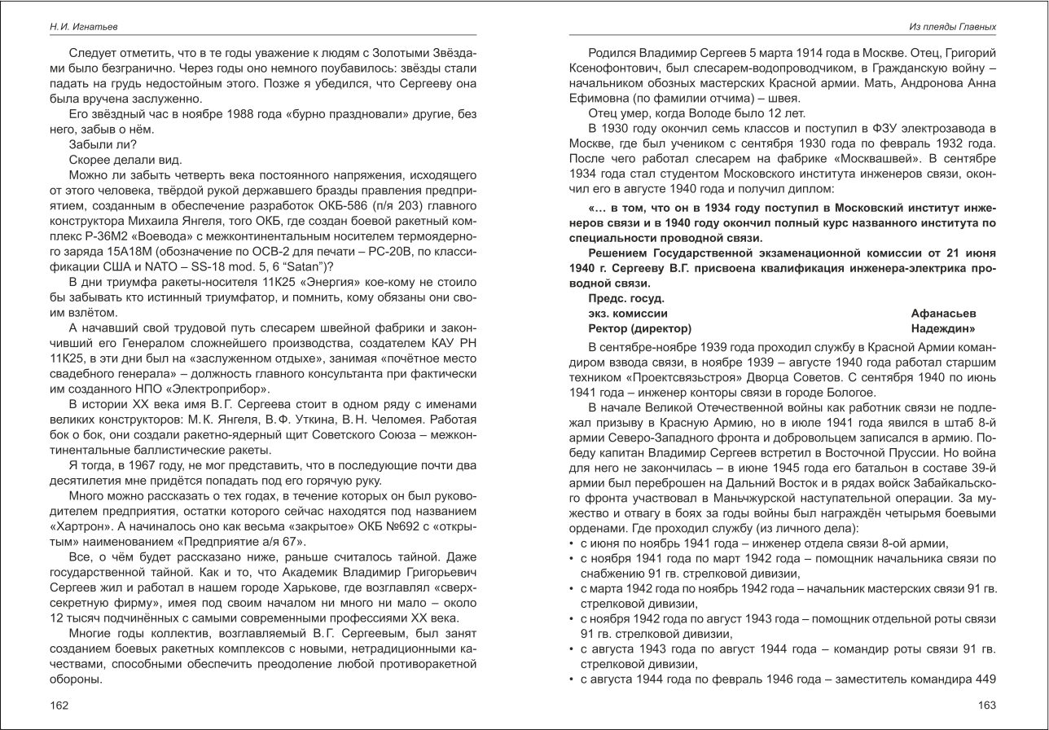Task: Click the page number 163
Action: click(987, 705)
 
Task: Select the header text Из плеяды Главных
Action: click(952, 27)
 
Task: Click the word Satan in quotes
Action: click(305, 266)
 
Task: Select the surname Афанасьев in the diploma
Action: click(943, 314)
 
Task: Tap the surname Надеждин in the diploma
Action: click(943, 329)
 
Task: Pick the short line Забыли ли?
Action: click(103, 144)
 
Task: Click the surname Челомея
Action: click(398, 419)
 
